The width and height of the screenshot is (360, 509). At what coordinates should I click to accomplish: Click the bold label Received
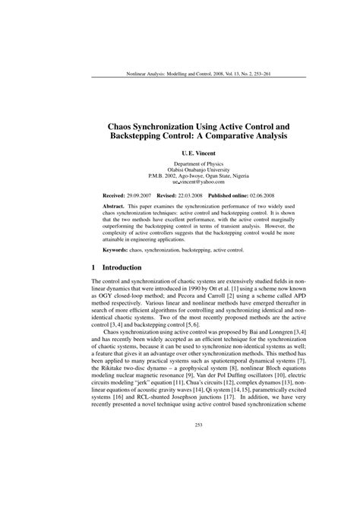coord(114,195)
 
